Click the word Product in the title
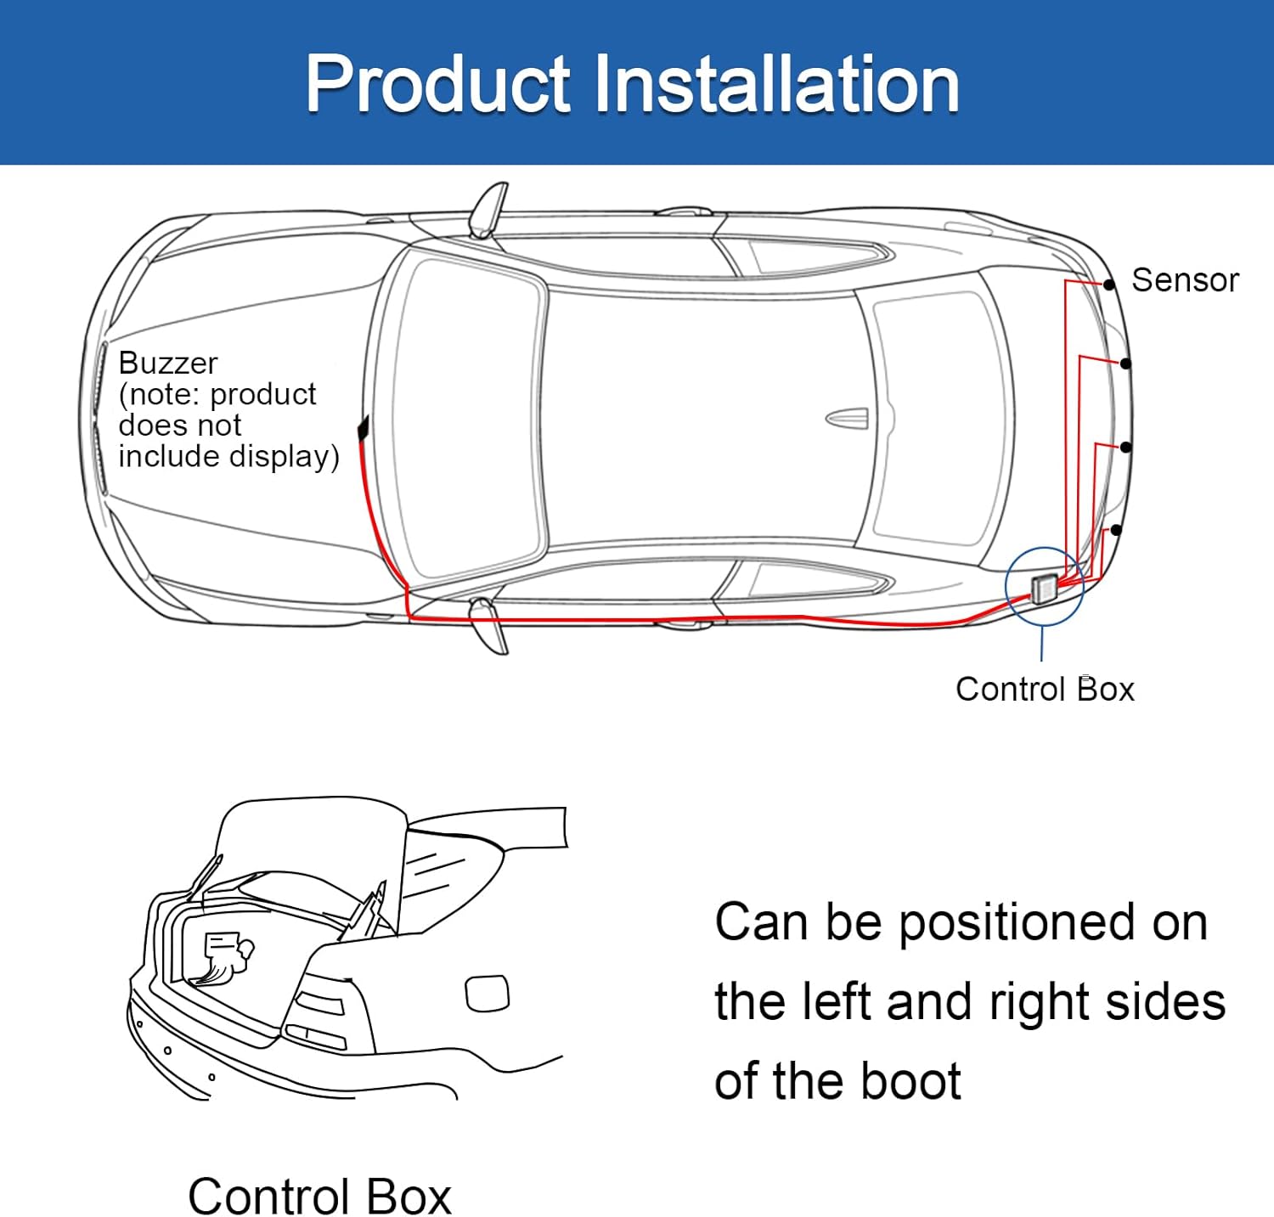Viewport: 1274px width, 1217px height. [x=438, y=83]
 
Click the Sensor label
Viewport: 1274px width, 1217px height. [x=1185, y=280]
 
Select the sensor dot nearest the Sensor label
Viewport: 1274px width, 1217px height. [x=1109, y=285]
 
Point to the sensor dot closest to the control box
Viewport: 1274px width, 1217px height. [x=1116, y=530]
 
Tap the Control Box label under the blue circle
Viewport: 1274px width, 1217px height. [x=1045, y=689]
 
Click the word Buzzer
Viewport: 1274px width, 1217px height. [x=168, y=363]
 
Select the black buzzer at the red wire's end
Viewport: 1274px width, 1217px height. [x=364, y=427]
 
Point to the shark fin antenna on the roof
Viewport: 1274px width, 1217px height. [x=848, y=418]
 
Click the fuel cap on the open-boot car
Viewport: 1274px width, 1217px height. [x=488, y=993]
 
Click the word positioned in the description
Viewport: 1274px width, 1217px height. [x=1017, y=922]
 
